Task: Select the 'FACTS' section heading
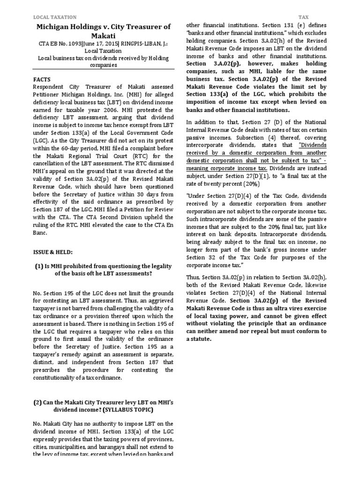42,79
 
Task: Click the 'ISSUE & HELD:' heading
52,252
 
